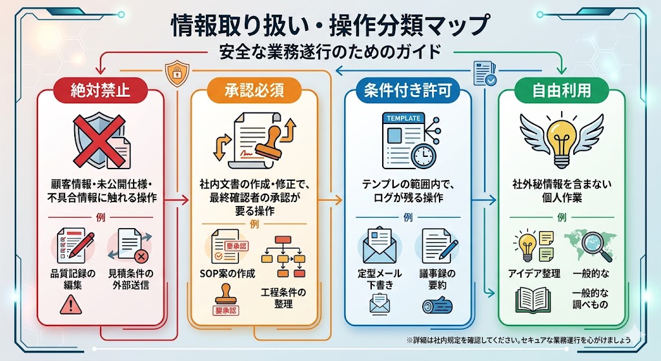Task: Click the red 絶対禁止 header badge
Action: coord(100,90)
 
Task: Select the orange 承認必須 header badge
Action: coord(254,90)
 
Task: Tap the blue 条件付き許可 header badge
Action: coord(408,90)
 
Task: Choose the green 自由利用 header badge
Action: coord(562,90)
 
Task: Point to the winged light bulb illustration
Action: coord(562,139)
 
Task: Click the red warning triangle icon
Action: coord(71,304)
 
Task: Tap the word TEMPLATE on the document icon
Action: coord(403,119)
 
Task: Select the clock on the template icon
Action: coord(423,156)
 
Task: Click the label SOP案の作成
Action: coord(227,274)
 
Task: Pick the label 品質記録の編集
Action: coord(73,279)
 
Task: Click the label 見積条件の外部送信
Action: coord(130,279)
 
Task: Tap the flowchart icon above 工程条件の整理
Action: coord(283,256)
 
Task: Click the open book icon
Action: coord(533,300)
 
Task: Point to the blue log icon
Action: coord(437,305)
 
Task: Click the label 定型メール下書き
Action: coord(380,279)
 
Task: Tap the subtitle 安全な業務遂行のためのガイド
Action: coord(330,52)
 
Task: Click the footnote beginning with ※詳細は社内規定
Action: coord(518,340)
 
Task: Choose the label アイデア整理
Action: coord(534,274)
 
